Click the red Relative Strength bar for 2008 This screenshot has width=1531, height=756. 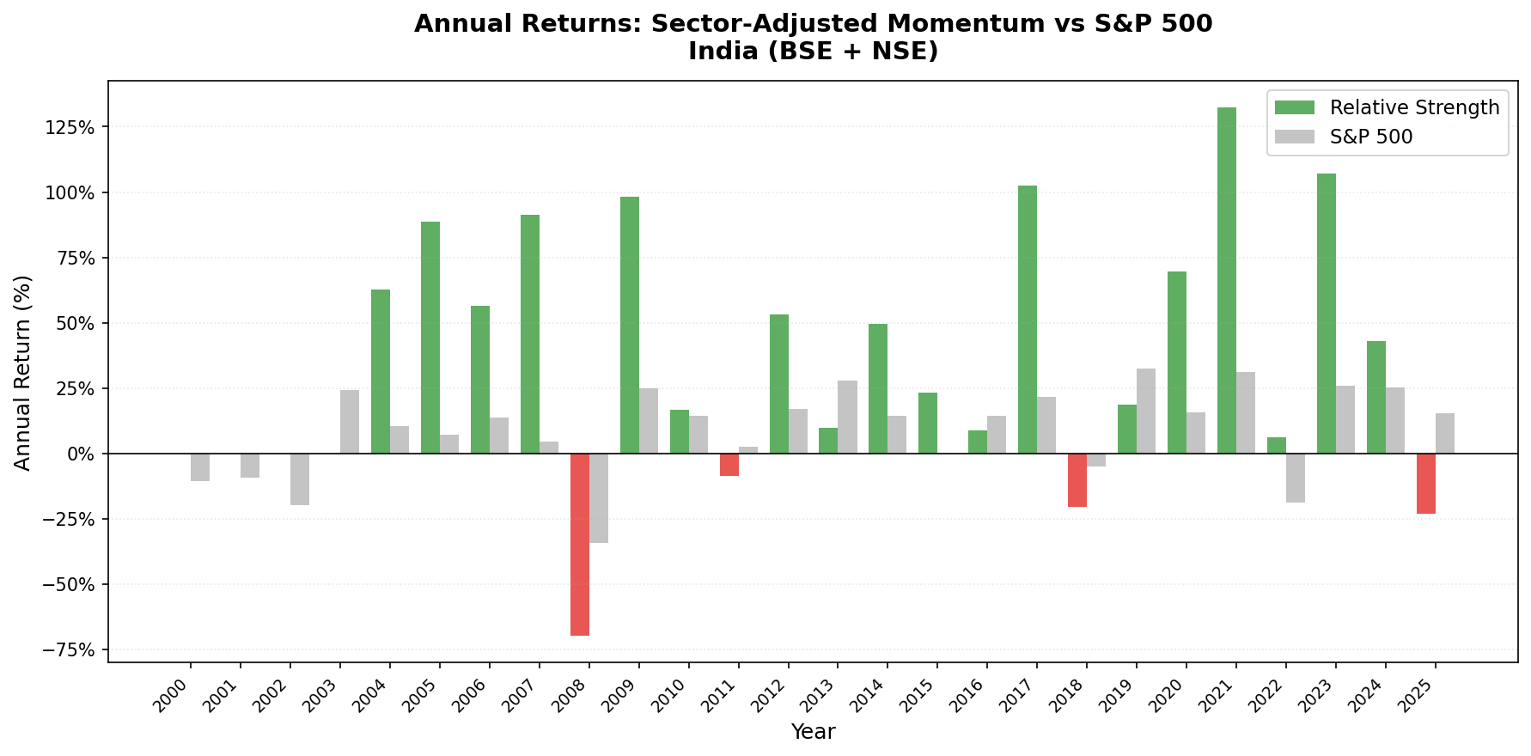(x=580, y=544)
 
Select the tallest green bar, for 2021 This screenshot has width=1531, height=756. (x=1227, y=280)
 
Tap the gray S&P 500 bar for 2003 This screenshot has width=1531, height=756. (x=350, y=421)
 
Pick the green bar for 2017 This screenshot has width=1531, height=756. (x=1028, y=320)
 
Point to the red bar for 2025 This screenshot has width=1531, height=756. (x=1426, y=483)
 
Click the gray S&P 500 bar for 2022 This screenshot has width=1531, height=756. (x=1296, y=478)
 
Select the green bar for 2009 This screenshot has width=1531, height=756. (x=630, y=325)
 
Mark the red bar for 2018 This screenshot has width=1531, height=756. (x=1077, y=479)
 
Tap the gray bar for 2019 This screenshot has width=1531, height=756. (x=1146, y=411)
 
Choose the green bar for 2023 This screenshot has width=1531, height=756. (x=1327, y=314)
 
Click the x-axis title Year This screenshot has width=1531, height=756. (x=813, y=732)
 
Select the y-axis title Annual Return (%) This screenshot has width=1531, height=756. (x=22, y=372)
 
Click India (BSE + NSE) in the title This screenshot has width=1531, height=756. (x=813, y=52)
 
